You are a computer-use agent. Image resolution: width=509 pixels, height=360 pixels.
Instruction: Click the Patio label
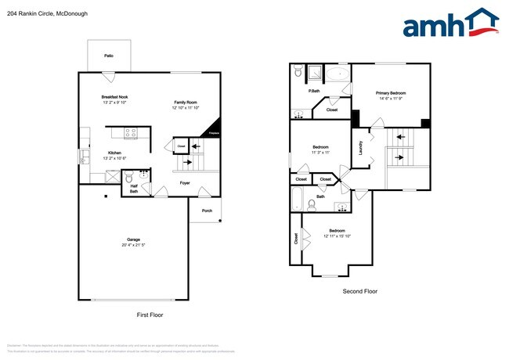click(109, 56)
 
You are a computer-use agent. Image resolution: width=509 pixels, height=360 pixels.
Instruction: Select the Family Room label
click(186, 103)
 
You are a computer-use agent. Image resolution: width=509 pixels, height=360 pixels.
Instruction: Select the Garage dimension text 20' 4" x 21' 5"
click(134, 245)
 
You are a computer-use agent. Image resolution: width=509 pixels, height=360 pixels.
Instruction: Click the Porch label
click(207, 210)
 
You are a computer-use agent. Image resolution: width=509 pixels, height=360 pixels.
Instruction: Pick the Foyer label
click(185, 183)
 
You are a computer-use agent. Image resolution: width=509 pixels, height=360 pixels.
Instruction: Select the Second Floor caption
click(360, 291)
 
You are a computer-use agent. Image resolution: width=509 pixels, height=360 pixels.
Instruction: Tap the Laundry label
click(360, 147)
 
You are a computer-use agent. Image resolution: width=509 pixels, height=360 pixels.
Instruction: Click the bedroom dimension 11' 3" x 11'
click(320, 153)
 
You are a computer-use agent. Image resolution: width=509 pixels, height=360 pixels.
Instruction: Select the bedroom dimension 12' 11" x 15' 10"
click(337, 236)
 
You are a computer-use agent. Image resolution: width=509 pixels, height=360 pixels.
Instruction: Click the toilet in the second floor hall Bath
click(311, 205)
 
